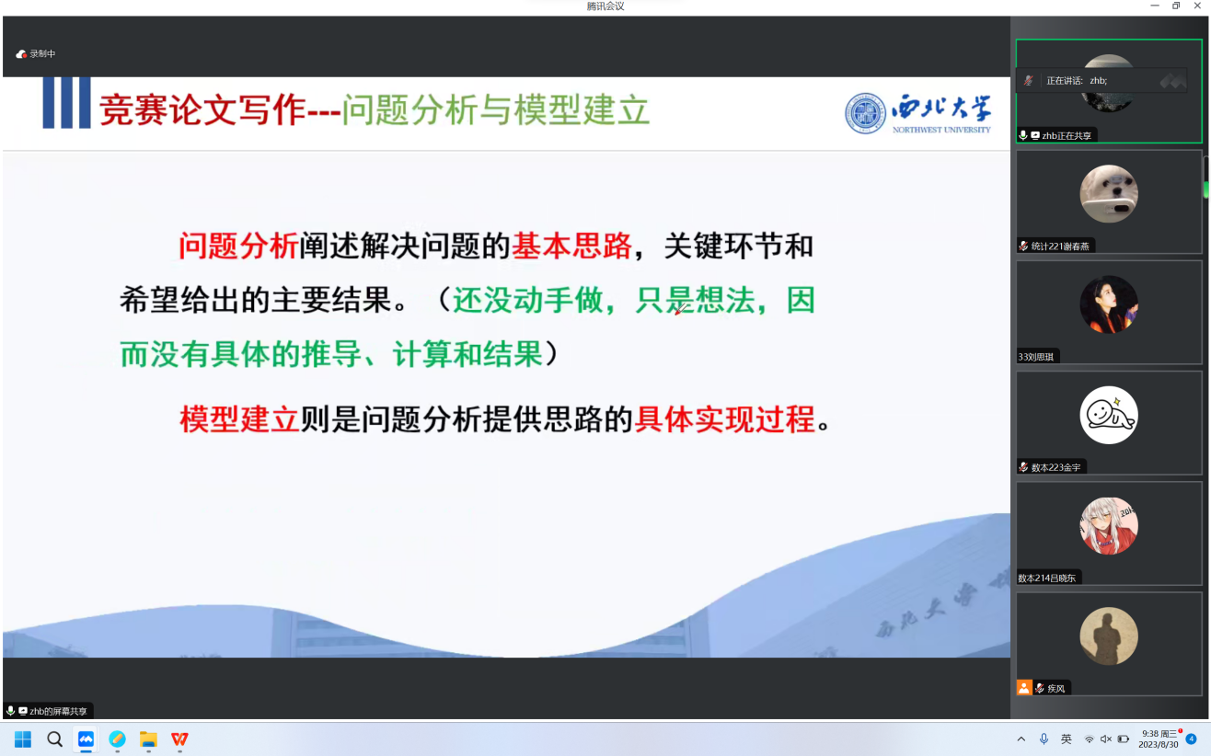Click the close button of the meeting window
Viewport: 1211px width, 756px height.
(1197, 6)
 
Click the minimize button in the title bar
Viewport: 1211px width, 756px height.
(1155, 6)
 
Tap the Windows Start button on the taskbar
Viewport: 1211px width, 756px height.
(23, 739)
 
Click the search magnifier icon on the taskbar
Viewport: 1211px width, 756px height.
(54, 739)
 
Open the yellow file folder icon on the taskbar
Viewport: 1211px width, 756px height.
(148, 739)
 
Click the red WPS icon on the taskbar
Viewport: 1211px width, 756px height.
(179, 739)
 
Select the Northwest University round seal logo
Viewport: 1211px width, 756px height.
(866, 113)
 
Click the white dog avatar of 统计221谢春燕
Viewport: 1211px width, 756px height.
(1109, 193)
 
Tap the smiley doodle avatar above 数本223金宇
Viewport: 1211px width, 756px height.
(1109, 415)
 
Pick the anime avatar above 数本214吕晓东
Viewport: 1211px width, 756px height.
(1109, 526)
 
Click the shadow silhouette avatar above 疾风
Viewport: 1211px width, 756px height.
(1109, 636)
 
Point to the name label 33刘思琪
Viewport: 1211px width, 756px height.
(1036, 357)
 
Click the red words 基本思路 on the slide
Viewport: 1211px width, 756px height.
(571, 246)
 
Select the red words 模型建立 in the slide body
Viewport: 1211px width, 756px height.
(239, 419)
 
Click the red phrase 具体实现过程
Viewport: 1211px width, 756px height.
(724, 419)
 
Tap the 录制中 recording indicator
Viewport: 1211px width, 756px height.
(36, 54)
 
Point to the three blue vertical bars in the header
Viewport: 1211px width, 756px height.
(66, 103)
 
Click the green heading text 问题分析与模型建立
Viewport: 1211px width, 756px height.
(495, 110)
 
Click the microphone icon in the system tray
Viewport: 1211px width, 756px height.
(1044, 739)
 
